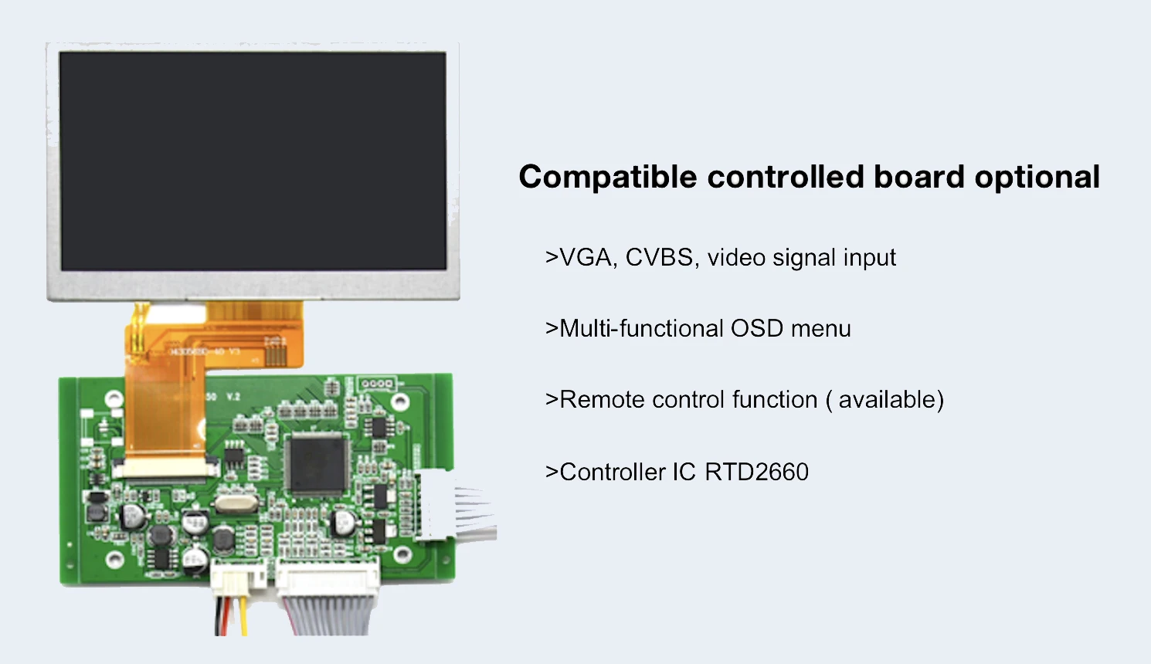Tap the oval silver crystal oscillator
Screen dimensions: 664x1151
[x=233, y=504]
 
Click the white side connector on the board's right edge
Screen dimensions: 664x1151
[x=433, y=503]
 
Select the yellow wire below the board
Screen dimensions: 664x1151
[x=243, y=615]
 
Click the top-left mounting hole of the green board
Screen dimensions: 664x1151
[x=114, y=398]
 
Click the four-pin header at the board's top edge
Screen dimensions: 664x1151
[x=376, y=384]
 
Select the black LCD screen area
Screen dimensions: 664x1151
[x=253, y=161]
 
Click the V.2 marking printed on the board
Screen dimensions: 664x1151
[x=233, y=397]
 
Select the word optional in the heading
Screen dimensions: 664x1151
[x=1037, y=177]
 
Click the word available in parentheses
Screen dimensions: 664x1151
[x=887, y=399]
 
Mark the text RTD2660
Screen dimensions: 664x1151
[x=756, y=472]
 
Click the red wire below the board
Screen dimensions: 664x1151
[x=219, y=615]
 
